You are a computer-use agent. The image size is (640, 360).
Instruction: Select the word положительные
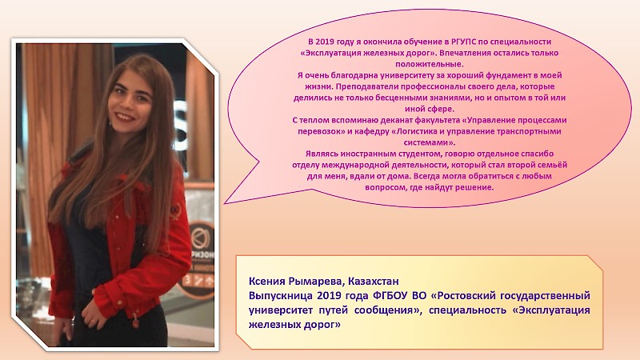click(x=430, y=64)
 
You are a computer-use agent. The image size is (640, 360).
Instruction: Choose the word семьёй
click(x=551, y=165)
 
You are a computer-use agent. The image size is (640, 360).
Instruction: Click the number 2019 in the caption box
click(x=330, y=295)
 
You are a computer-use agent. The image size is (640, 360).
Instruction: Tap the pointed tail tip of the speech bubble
click(x=225, y=203)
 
